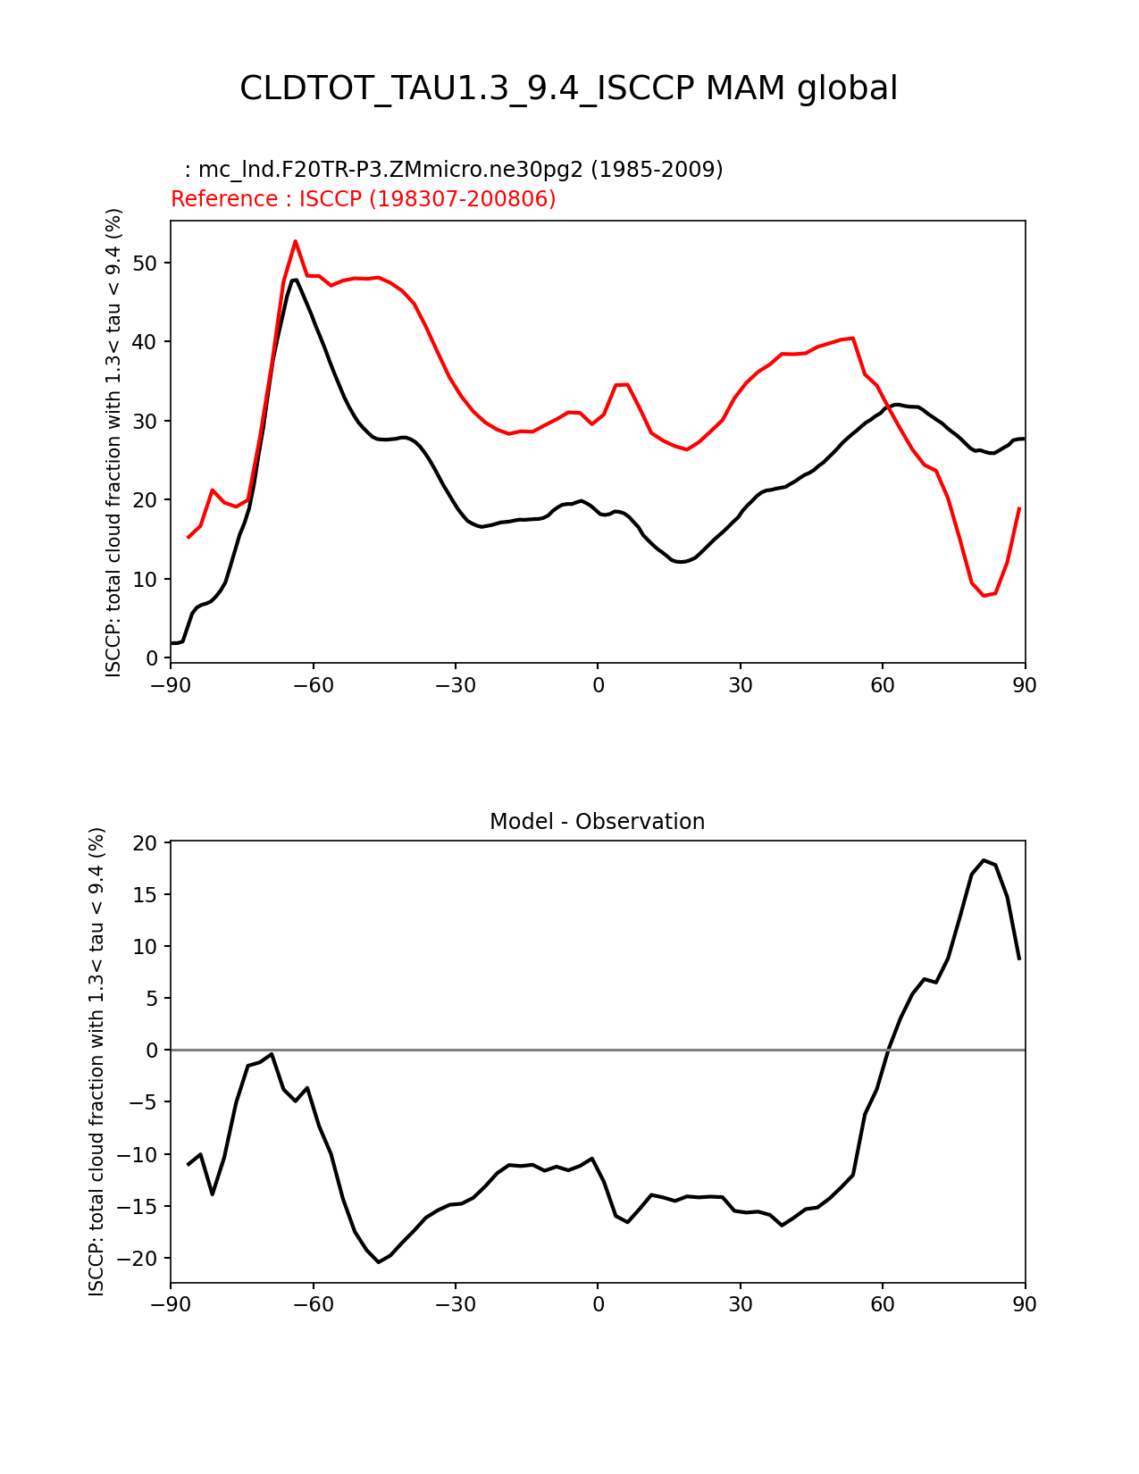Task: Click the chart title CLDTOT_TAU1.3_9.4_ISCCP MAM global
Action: click(x=568, y=88)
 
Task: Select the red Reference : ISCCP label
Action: click(x=363, y=199)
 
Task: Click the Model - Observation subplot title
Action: click(x=597, y=822)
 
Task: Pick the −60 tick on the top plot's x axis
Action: click(x=313, y=685)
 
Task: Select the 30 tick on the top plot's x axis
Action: click(x=741, y=685)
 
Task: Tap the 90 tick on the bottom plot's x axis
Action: click(x=1025, y=1304)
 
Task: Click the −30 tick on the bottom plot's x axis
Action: click(x=455, y=1304)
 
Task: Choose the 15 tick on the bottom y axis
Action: click(x=146, y=895)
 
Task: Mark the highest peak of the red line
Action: click(x=295, y=241)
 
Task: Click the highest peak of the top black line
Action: click(x=295, y=280)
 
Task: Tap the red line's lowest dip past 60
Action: click(x=984, y=595)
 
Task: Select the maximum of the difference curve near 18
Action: click(x=984, y=860)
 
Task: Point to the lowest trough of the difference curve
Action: click(x=379, y=1261)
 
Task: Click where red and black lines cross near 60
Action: click(x=888, y=408)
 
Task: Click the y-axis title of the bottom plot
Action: click(x=97, y=1061)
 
